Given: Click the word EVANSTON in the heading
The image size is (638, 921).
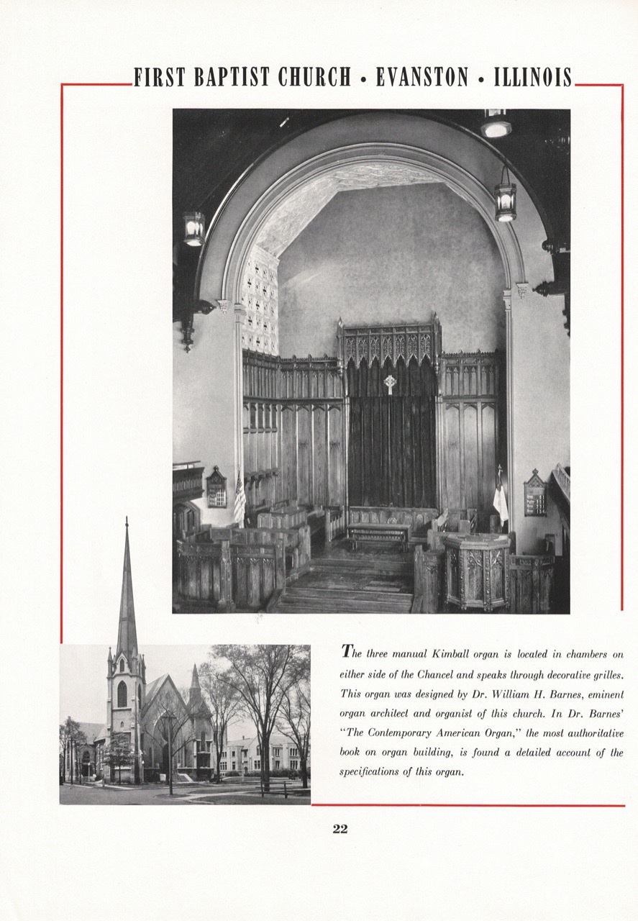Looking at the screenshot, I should click(421, 77).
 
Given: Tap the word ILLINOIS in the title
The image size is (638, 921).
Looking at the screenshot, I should click(533, 77).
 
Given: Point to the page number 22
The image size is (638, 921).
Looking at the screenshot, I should click(340, 828).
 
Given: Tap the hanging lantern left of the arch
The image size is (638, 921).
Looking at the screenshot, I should click(193, 228).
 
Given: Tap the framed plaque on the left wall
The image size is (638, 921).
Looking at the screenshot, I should click(216, 488).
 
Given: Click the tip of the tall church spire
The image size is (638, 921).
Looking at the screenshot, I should click(127, 520).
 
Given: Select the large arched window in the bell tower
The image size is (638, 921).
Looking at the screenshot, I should click(122, 694).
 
